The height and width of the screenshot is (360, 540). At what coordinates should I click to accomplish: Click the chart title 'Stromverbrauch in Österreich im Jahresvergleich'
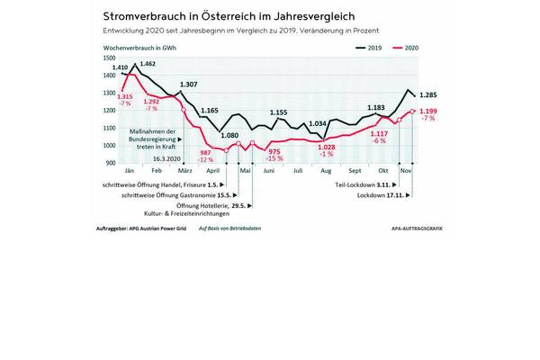pyautogui.click(x=229, y=17)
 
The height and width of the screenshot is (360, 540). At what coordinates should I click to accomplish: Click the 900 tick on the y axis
pyautogui.click(x=109, y=163)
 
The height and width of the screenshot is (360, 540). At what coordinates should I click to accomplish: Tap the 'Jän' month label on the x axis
pyautogui.click(x=129, y=170)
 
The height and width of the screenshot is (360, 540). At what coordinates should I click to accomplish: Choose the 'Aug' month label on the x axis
pyautogui.click(x=325, y=170)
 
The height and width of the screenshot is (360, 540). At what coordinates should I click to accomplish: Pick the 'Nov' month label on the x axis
pyautogui.click(x=405, y=170)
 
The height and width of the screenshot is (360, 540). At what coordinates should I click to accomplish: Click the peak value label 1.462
pyautogui.click(x=148, y=64)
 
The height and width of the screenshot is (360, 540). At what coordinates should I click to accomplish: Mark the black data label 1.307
pyautogui.click(x=188, y=85)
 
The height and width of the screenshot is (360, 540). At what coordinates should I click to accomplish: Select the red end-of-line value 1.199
pyautogui.click(x=428, y=110)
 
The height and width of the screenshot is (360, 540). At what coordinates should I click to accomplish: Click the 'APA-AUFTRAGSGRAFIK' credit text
pyautogui.click(x=419, y=229)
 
